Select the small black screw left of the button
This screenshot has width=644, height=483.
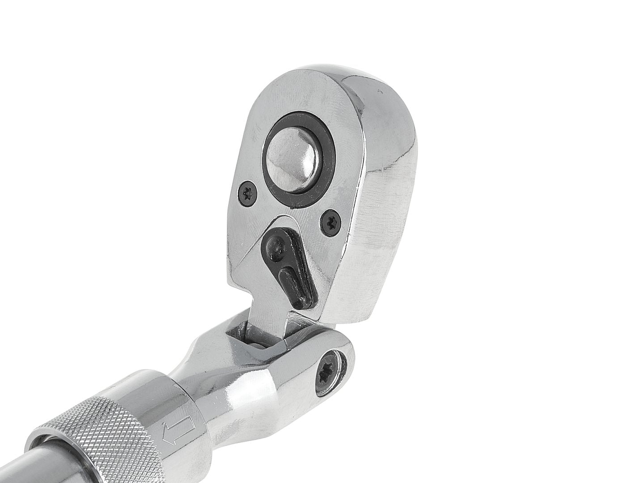247,194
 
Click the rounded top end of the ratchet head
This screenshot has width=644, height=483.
322,78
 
